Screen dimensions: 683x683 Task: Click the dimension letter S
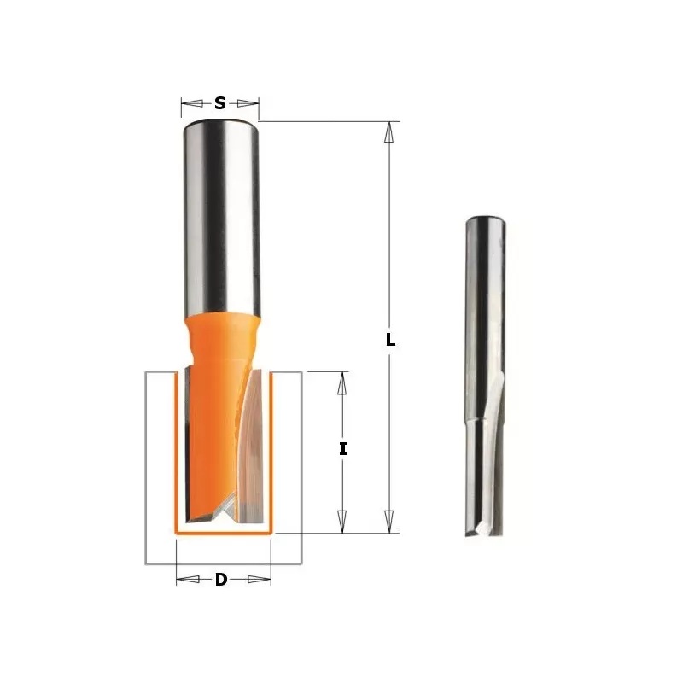pyautogui.click(x=219, y=103)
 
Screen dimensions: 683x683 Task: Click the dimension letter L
pyautogui.click(x=390, y=339)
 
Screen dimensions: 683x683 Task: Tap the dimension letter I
pyautogui.click(x=342, y=447)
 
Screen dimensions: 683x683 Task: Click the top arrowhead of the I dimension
pyautogui.click(x=342, y=382)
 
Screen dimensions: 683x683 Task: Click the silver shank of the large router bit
pyautogui.click(x=220, y=213)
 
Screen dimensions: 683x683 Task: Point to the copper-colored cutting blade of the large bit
pyautogui.click(x=250, y=461)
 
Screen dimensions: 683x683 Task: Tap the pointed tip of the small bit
pyautogui.click(x=469, y=533)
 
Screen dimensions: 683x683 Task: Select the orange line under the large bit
pyautogui.click(x=223, y=532)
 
